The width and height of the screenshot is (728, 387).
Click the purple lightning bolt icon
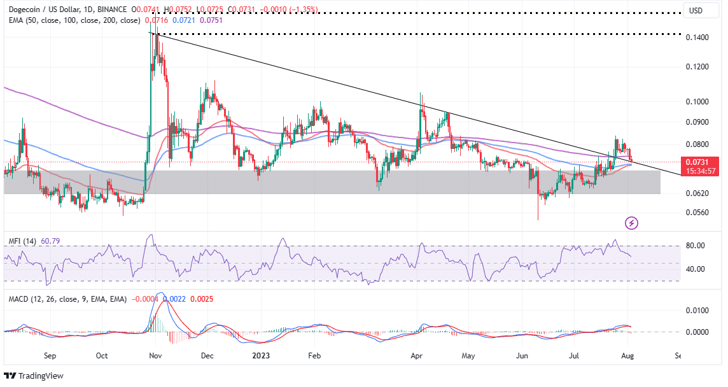(632, 223)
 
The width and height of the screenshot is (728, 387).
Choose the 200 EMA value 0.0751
(211, 20)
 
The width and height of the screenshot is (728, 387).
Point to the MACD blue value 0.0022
(173, 299)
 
